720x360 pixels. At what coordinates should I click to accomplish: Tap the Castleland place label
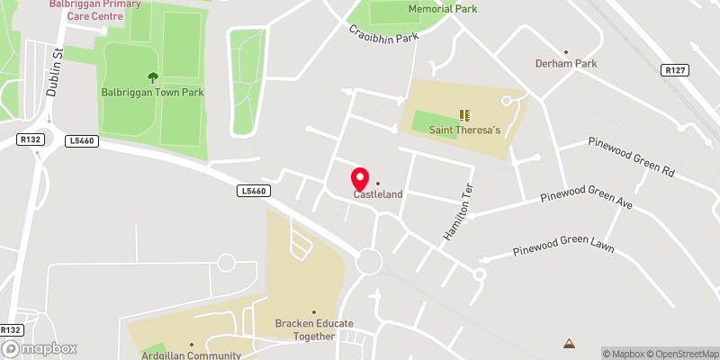pos(377,193)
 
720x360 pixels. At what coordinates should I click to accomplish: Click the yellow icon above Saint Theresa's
pos(464,115)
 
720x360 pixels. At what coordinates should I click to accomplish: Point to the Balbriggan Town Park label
pos(152,93)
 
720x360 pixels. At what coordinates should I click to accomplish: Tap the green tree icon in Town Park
pos(152,77)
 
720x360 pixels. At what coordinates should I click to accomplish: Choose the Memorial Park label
pos(442,8)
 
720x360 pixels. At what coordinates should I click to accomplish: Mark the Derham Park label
pos(565,64)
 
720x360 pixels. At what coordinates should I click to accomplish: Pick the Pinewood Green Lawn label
pos(562,247)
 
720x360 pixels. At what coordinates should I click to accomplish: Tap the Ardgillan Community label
pos(191,355)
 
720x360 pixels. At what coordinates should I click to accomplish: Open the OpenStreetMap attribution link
pos(683,353)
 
